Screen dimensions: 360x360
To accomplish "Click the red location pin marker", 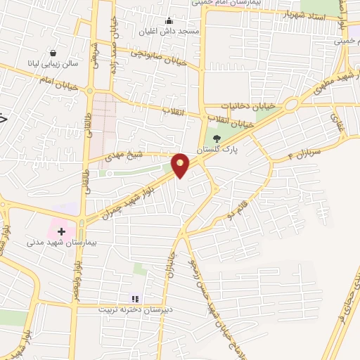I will (x=181, y=165).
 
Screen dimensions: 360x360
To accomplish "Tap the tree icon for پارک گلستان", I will (x=215, y=139).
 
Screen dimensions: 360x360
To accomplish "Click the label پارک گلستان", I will (x=225, y=150).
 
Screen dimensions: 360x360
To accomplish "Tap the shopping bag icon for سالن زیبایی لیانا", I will (x=53, y=52).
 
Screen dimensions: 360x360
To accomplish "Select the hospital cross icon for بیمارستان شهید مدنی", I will (x=60, y=230).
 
